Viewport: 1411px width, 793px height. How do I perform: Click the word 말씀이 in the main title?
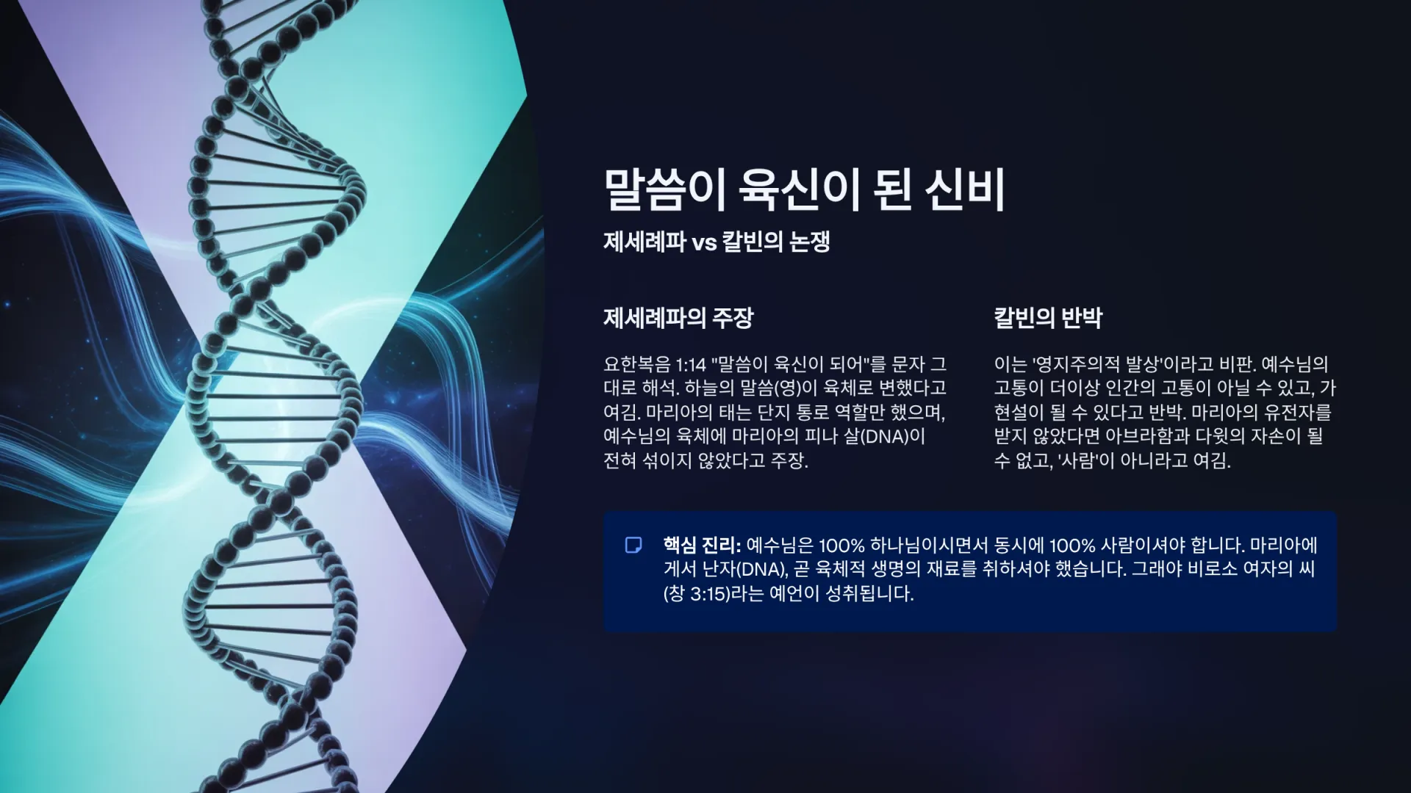pos(664,189)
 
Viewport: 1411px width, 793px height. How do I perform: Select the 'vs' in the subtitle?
pos(704,243)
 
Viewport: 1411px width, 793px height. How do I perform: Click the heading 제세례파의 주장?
pos(678,318)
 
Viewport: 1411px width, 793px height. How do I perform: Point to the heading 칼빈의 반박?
pos(1048,318)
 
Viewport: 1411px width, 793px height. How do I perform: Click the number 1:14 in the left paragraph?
pos(691,364)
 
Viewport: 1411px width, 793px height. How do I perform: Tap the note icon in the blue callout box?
pos(633,545)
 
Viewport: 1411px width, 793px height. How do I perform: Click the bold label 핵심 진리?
pos(702,545)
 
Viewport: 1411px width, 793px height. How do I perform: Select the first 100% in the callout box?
pos(841,546)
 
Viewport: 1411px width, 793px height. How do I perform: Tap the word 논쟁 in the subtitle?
pos(809,242)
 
